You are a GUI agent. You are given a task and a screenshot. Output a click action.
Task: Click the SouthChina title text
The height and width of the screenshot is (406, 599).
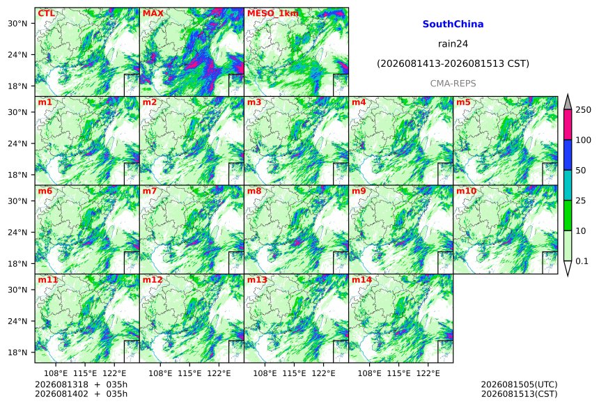click(x=453, y=24)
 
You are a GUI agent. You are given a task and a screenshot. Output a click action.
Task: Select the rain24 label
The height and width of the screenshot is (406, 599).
click(x=453, y=44)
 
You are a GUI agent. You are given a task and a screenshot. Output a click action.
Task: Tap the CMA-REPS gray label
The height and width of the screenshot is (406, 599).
click(x=453, y=84)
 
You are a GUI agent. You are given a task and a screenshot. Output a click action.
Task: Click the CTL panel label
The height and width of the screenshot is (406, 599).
click(x=46, y=13)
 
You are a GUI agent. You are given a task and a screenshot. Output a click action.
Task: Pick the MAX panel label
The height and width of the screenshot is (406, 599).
click(x=153, y=13)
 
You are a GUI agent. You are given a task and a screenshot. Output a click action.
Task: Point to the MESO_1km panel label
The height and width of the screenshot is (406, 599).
click(x=273, y=14)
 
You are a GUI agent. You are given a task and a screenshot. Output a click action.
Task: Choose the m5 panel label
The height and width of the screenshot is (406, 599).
click(x=463, y=102)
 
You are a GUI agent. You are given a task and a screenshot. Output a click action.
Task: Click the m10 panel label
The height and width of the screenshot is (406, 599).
click(x=466, y=191)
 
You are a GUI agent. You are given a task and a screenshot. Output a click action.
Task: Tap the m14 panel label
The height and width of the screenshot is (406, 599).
click(x=361, y=280)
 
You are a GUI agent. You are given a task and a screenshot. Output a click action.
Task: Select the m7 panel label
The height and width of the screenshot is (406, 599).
click(x=150, y=191)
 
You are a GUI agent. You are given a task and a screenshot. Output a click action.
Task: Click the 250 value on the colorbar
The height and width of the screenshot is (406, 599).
click(x=584, y=110)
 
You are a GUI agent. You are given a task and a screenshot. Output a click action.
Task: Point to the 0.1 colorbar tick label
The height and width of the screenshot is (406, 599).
click(x=582, y=261)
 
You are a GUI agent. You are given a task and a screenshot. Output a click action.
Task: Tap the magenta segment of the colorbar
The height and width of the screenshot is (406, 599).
click(x=568, y=125)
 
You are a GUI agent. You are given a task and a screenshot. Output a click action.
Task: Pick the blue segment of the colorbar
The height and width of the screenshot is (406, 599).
click(x=568, y=155)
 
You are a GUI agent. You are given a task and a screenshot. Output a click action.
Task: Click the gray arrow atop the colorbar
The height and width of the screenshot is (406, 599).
click(x=568, y=102)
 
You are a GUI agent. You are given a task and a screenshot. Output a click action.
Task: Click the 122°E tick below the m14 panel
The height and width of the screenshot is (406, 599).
click(x=428, y=373)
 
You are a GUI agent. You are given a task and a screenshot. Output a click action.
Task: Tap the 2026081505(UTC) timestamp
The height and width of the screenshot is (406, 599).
click(x=519, y=384)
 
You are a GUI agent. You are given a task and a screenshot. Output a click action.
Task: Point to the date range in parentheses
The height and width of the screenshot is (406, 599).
click(x=453, y=63)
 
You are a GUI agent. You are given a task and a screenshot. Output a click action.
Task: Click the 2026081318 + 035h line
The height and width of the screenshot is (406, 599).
click(x=81, y=384)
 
